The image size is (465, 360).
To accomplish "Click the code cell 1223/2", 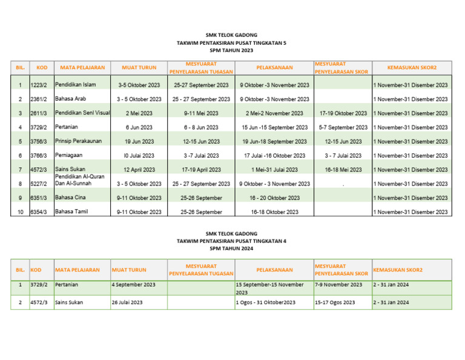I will click(x=39, y=85).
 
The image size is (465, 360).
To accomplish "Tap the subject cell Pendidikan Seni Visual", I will click(x=82, y=113).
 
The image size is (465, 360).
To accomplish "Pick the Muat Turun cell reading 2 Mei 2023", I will click(x=139, y=113).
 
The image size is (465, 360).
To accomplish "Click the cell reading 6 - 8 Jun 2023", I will click(x=201, y=127).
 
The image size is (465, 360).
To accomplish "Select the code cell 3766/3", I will click(x=39, y=156).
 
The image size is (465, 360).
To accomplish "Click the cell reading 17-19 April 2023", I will click(x=201, y=170).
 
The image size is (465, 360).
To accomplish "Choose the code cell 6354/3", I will click(x=39, y=212).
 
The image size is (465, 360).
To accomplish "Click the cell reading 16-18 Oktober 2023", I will click(x=274, y=212).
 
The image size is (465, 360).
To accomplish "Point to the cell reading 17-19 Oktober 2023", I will click(x=343, y=113).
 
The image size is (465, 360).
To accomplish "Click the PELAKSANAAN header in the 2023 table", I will click(x=274, y=67).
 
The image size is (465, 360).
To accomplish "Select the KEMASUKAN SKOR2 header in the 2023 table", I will click(x=411, y=67).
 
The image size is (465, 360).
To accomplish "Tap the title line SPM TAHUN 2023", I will click(x=232, y=51).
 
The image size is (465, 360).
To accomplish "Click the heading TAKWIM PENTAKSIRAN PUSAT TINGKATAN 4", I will click(x=232, y=241).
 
